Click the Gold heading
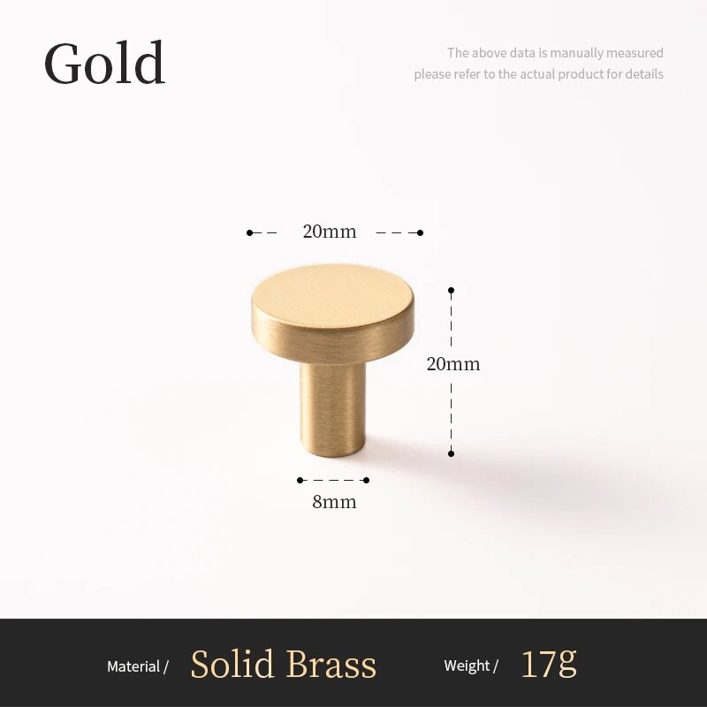click(104, 62)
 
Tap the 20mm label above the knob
click(329, 232)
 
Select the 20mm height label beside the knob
click(453, 364)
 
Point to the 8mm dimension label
click(334, 501)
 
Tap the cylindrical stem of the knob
click(333, 408)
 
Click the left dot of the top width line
click(249, 232)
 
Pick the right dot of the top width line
click(421, 232)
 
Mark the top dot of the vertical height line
click(451, 291)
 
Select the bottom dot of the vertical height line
click(451, 453)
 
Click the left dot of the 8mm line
click(300, 480)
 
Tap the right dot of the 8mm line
click(366, 480)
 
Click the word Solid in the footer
click(232, 664)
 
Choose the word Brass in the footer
click(331, 664)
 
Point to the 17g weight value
click(549, 664)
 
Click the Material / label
click(138, 666)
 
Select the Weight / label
click(471, 665)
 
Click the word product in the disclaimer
click(581, 74)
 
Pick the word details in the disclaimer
click(643, 73)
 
